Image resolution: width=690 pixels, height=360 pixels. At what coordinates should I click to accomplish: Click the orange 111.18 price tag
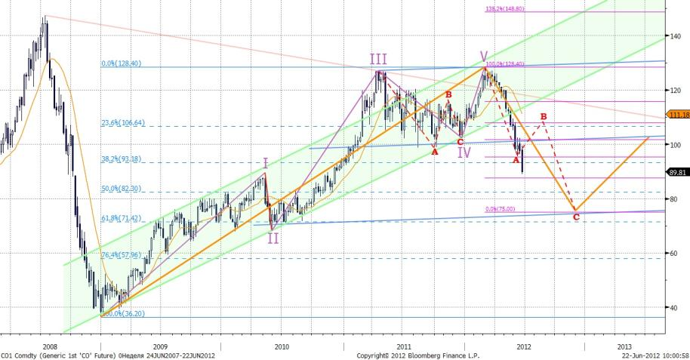click(677, 114)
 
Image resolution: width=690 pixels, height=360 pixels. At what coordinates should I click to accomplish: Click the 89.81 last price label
click(677, 172)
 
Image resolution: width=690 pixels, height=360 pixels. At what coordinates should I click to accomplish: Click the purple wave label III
click(379, 60)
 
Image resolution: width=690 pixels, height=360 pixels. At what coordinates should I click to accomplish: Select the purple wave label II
click(273, 238)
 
